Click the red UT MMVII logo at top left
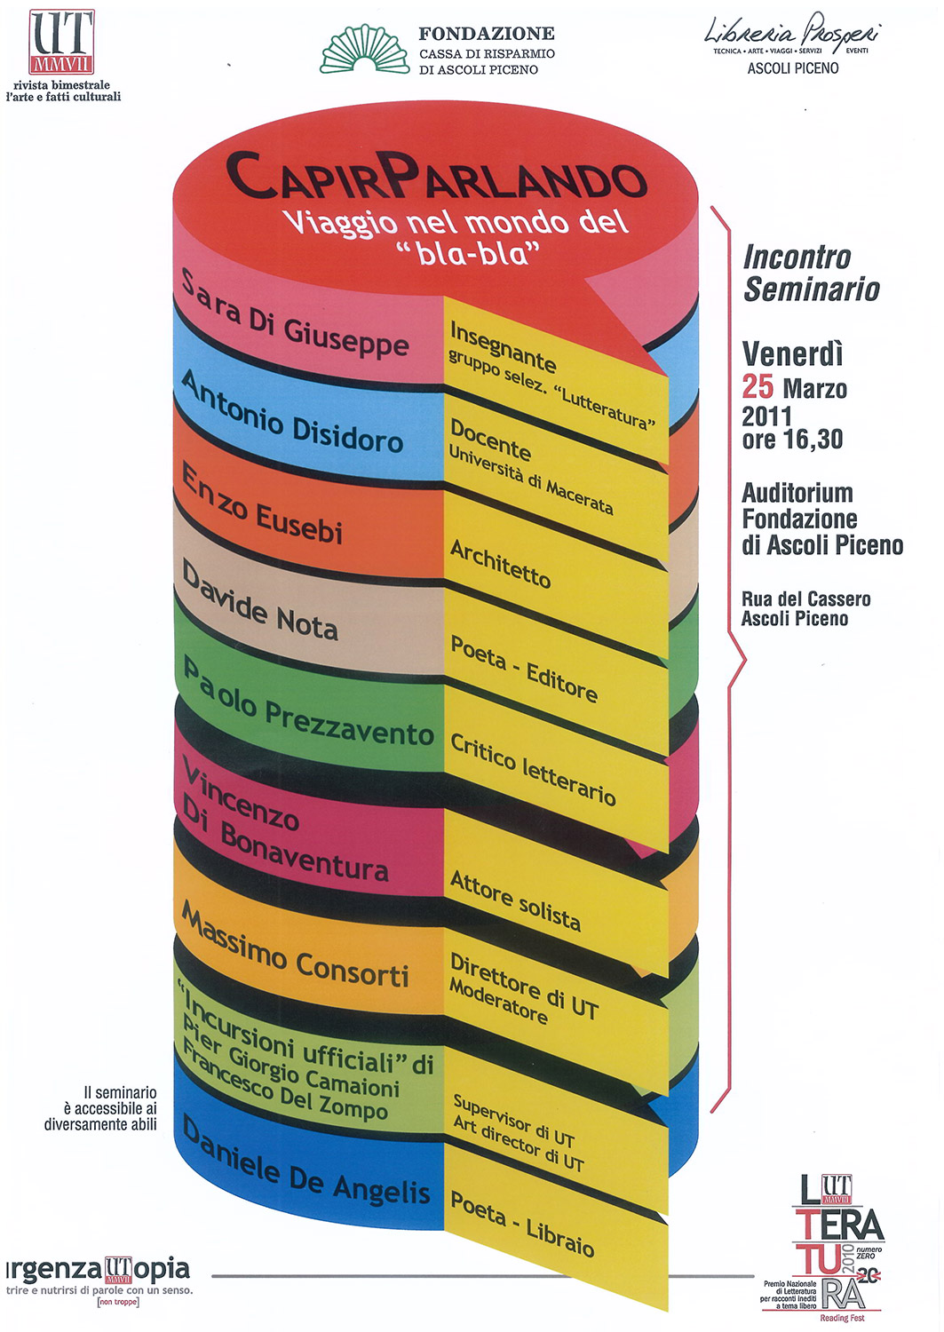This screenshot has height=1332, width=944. click(x=61, y=41)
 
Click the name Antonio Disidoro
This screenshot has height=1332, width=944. click(x=292, y=413)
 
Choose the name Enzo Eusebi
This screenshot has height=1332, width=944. click(x=262, y=505)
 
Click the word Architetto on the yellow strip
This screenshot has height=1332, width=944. click(x=500, y=564)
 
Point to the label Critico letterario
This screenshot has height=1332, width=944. click(x=533, y=769)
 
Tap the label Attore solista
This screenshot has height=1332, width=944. click(x=515, y=900)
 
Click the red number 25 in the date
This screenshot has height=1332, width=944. click(x=758, y=387)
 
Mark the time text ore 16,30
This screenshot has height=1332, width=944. click(x=792, y=440)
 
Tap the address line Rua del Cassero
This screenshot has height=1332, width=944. click(x=806, y=599)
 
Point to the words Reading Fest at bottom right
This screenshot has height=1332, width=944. click(x=842, y=1319)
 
